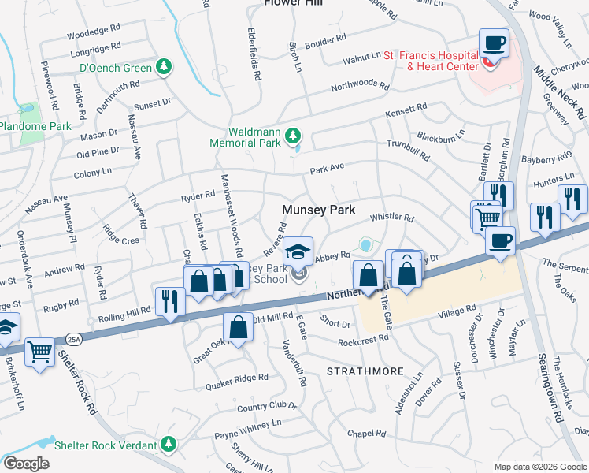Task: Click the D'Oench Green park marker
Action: click(x=164, y=68)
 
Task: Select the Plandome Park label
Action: click(x=35, y=126)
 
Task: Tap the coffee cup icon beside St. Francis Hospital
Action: click(x=494, y=43)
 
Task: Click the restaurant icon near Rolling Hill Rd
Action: click(x=170, y=301)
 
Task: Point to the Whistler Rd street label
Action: click(x=391, y=218)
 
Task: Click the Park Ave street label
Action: click(x=328, y=169)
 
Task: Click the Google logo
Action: click(x=26, y=464)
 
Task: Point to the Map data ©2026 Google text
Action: click(x=540, y=467)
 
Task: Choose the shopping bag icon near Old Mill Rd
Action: click(x=238, y=326)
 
